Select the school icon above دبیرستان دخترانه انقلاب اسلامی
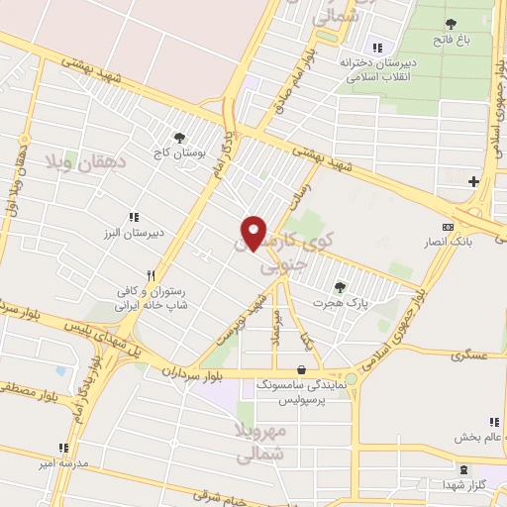(375, 48)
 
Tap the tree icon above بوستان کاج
(179, 139)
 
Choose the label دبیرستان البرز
(133, 234)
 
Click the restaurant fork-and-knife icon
(151, 275)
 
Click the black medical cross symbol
(473, 181)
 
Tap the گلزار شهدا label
(462, 485)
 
